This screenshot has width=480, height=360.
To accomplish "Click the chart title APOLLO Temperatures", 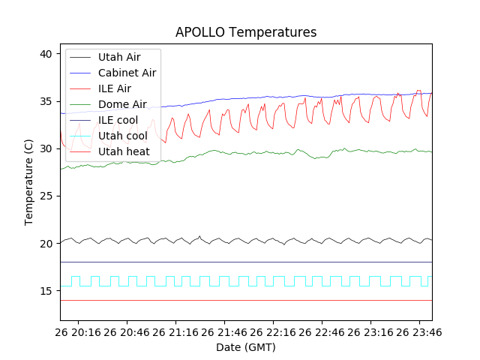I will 246,32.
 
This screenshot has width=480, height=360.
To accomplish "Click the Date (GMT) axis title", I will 246,347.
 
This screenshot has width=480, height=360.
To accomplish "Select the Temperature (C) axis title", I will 29,182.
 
